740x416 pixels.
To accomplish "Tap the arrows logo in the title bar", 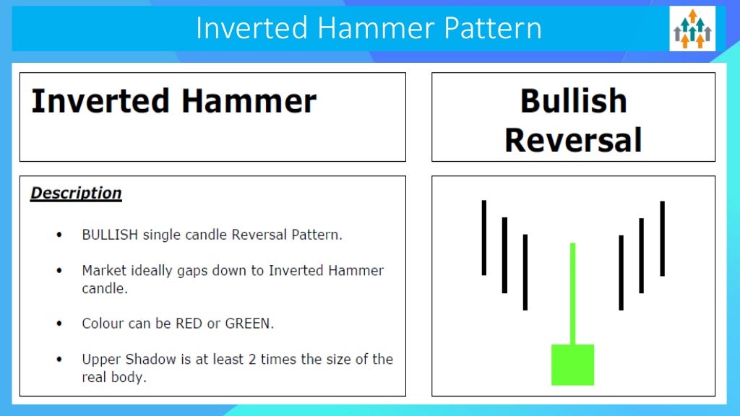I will pos(692,29).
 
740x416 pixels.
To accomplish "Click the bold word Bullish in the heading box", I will pos(573,101).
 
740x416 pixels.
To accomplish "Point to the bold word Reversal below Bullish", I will pos(573,139).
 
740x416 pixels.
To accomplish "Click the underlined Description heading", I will pos(76,194).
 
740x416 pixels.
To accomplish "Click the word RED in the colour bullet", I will pos(189,324).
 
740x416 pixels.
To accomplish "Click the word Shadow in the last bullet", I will pos(147,359).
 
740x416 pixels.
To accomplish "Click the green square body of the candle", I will pos(572,365).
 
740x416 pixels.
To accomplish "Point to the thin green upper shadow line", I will pos(572,292).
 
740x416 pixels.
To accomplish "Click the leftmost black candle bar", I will pos(484,238).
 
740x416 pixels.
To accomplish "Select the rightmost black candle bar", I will pos(662,238).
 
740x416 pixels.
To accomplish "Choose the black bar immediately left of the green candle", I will pos(525,272).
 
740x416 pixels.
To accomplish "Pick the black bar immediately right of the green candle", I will pos(621,272).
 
